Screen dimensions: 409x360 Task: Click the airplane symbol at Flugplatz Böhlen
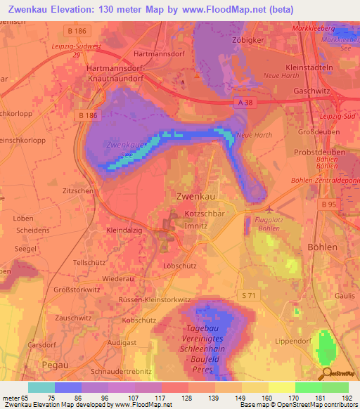click(271, 209)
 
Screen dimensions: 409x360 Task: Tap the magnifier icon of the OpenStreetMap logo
click(327, 374)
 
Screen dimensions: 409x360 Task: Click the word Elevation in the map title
click(82, 10)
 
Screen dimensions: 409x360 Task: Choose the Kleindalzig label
click(127, 230)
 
